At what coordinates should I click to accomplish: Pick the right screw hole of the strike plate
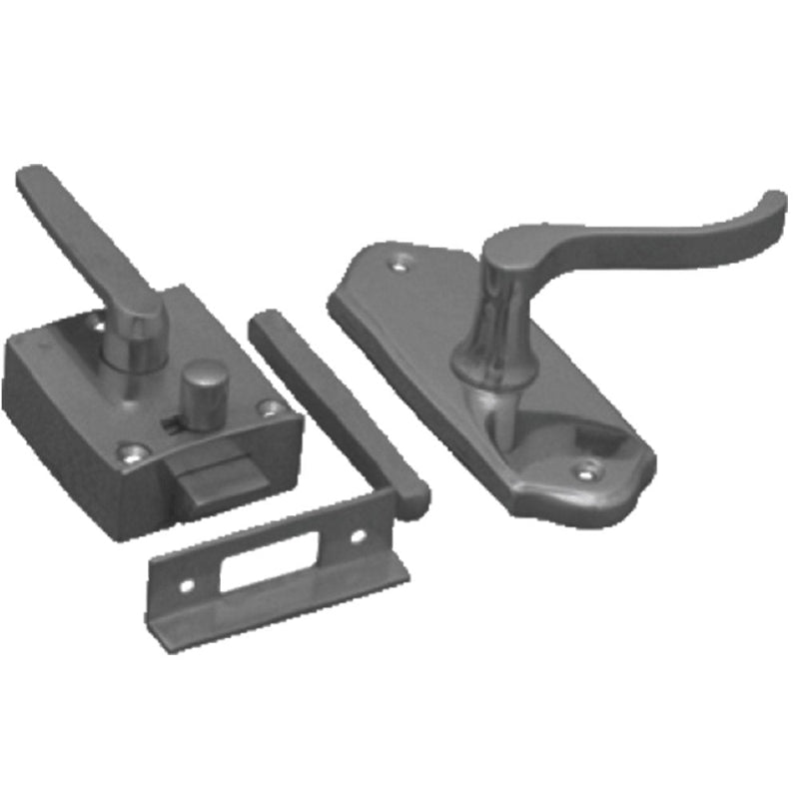(357, 535)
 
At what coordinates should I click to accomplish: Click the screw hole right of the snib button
(268, 407)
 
